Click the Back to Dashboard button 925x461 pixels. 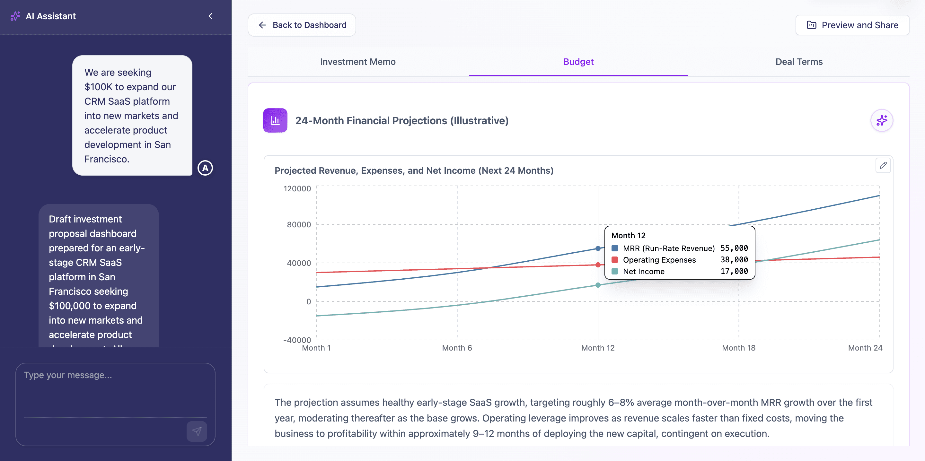click(302, 25)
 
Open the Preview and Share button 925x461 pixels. click(852, 25)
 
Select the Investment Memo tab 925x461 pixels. click(358, 62)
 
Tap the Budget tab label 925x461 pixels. click(578, 62)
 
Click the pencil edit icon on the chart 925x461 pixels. click(883, 166)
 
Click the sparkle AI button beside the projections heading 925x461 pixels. click(882, 121)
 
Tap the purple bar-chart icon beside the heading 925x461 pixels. click(275, 121)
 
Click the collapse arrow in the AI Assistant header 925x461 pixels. click(210, 16)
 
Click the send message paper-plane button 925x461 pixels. click(197, 431)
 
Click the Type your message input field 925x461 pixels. click(115, 391)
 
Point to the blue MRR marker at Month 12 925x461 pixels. click(598, 248)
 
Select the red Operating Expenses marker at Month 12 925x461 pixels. click(598, 265)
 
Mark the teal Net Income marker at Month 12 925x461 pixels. click(598, 285)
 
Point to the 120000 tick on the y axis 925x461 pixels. click(297, 189)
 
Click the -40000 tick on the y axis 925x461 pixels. click(297, 340)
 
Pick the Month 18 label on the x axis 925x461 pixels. click(739, 348)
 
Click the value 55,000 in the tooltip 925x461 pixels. click(734, 248)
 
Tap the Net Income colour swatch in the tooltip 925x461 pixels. click(615, 271)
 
